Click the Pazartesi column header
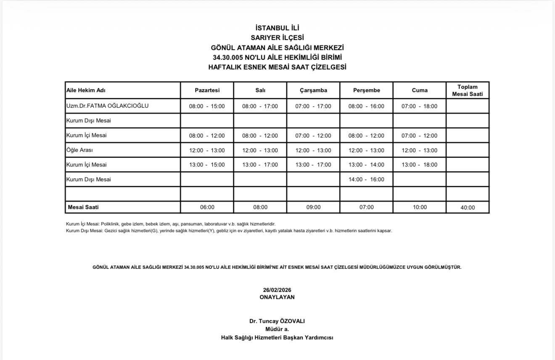(x=207, y=90)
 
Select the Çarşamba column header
(x=313, y=90)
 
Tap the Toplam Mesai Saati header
(x=468, y=90)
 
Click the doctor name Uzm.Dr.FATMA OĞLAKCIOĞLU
(x=107, y=106)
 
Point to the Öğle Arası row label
(x=79, y=150)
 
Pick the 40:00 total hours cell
(x=468, y=207)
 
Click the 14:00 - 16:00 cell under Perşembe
(x=366, y=180)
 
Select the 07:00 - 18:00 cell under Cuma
(x=419, y=106)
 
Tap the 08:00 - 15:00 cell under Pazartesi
(x=207, y=106)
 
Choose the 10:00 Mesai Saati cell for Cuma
(x=420, y=207)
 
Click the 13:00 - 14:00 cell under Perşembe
(x=366, y=165)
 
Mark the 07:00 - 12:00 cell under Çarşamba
(x=313, y=136)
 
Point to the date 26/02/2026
(x=277, y=290)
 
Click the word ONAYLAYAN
(x=277, y=297)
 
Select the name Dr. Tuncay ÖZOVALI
(x=277, y=321)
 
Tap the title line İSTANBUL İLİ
(x=277, y=29)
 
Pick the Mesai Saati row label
(x=83, y=207)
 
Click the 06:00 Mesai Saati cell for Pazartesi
(x=207, y=207)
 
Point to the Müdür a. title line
(x=277, y=329)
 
